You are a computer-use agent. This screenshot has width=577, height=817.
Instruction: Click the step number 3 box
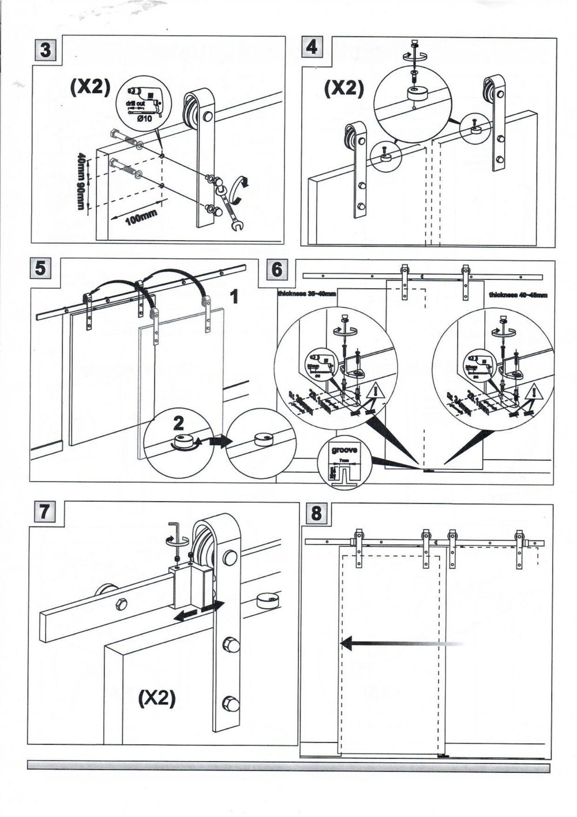coord(44,50)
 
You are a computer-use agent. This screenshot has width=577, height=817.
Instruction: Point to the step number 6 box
coord(277,268)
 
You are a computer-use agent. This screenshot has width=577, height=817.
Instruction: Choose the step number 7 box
coord(44,512)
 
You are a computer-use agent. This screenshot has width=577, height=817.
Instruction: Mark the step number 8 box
coord(316,512)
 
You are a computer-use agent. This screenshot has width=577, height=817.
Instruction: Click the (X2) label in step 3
coord(89,87)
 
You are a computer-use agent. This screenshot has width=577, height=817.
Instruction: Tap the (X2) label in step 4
coord(343,88)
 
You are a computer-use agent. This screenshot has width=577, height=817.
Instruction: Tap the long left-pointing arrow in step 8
coord(398,642)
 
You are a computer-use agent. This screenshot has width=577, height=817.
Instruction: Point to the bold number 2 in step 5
coord(178,423)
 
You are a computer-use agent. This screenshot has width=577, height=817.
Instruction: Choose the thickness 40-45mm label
coord(518,295)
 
